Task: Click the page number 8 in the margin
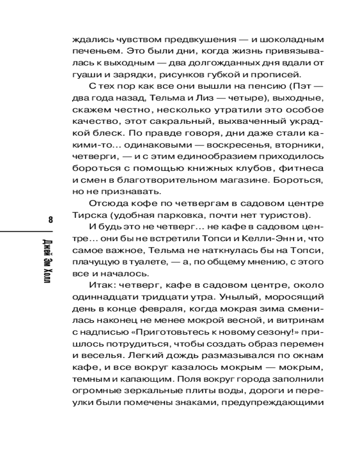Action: tap(50, 220)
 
